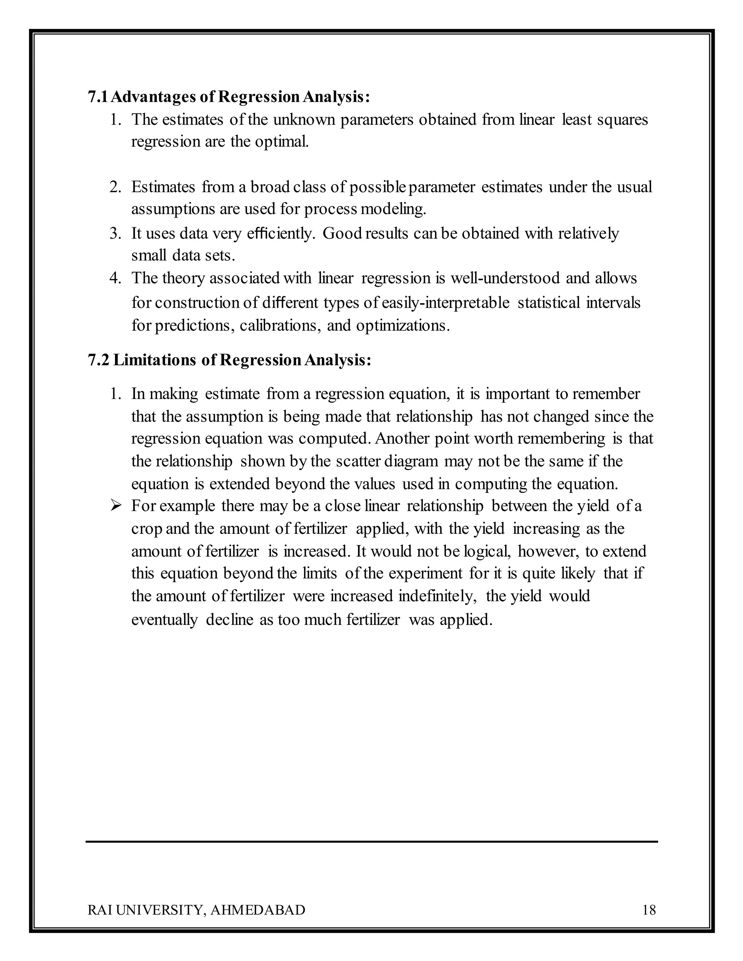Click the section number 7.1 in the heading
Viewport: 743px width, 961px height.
coord(98,97)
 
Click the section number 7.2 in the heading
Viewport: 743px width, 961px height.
coord(99,360)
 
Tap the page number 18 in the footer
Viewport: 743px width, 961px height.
coord(649,910)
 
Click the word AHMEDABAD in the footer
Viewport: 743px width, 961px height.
coord(258,910)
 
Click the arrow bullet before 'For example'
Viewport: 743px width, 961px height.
coord(116,506)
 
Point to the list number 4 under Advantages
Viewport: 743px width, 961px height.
coord(115,278)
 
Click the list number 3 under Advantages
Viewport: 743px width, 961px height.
coord(115,233)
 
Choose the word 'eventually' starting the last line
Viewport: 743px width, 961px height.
coord(164,619)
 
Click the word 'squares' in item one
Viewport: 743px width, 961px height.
coord(623,120)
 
